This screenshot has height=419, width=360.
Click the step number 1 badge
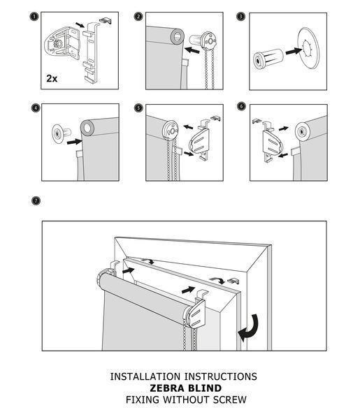[34, 17]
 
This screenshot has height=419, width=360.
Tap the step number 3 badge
[240, 17]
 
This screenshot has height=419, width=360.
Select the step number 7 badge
[36, 200]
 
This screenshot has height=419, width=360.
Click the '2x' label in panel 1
[52, 78]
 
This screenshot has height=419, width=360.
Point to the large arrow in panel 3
[294, 51]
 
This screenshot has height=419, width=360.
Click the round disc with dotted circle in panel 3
[308, 49]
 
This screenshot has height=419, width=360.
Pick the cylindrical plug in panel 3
[268, 59]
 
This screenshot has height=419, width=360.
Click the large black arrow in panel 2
[192, 50]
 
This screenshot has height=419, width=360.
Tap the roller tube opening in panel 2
[178, 36]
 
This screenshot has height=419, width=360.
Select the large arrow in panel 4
[74, 142]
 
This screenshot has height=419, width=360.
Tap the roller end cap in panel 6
[303, 132]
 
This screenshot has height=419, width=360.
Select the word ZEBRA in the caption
[168, 388]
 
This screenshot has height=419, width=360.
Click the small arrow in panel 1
[80, 25]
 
